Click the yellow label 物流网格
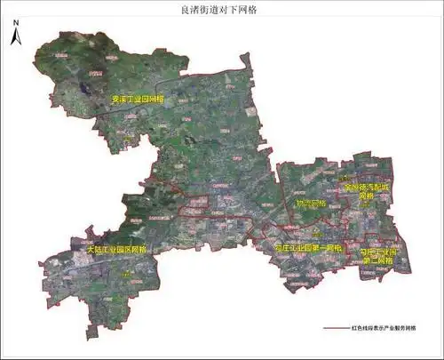click(311, 204)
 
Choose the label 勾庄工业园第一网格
click(308, 246)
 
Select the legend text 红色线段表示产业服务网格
click(390, 328)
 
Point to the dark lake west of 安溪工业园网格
click(88, 88)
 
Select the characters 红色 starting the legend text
click(369, 328)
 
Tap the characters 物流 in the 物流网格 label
click(304, 204)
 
